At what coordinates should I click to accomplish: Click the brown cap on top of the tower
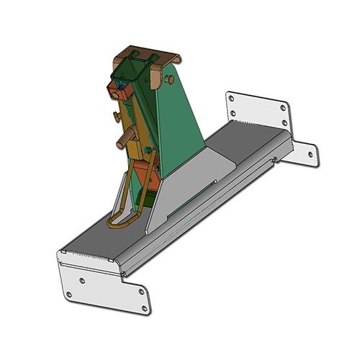coord(147,57)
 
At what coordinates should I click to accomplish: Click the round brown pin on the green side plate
coord(171,78)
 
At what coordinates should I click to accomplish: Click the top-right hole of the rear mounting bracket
coord(283,108)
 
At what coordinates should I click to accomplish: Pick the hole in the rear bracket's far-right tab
coord(310,153)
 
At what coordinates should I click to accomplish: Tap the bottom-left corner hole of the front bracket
coord(67,295)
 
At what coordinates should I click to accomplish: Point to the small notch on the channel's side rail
coord(276,160)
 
